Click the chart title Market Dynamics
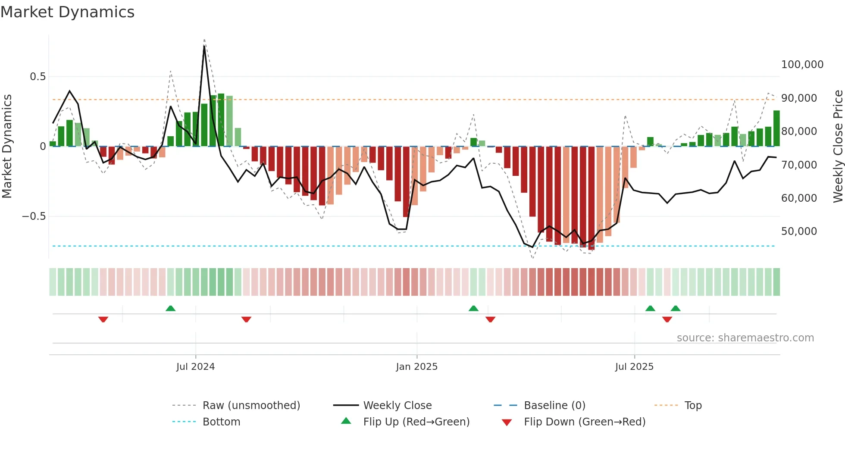(x=67, y=12)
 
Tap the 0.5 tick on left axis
(x=38, y=77)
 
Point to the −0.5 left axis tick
(x=34, y=216)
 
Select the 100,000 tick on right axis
(x=802, y=65)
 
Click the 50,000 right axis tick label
(x=798, y=231)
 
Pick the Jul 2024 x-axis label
(x=195, y=367)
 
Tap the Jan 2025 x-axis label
(x=416, y=367)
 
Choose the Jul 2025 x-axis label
(x=634, y=367)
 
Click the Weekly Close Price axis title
(x=838, y=147)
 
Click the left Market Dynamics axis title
(x=7, y=147)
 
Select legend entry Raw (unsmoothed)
(x=251, y=406)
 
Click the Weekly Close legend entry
(x=397, y=406)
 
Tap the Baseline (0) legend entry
(x=554, y=406)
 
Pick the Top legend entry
(x=693, y=406)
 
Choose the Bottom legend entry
(x=221, y=422)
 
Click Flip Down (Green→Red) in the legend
(x=584, y=422)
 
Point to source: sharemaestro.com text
(x=745, y=338)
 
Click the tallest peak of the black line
(x=204, y=46)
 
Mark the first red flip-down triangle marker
(x=103, y=319)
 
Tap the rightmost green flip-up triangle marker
(x=676, y=308)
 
